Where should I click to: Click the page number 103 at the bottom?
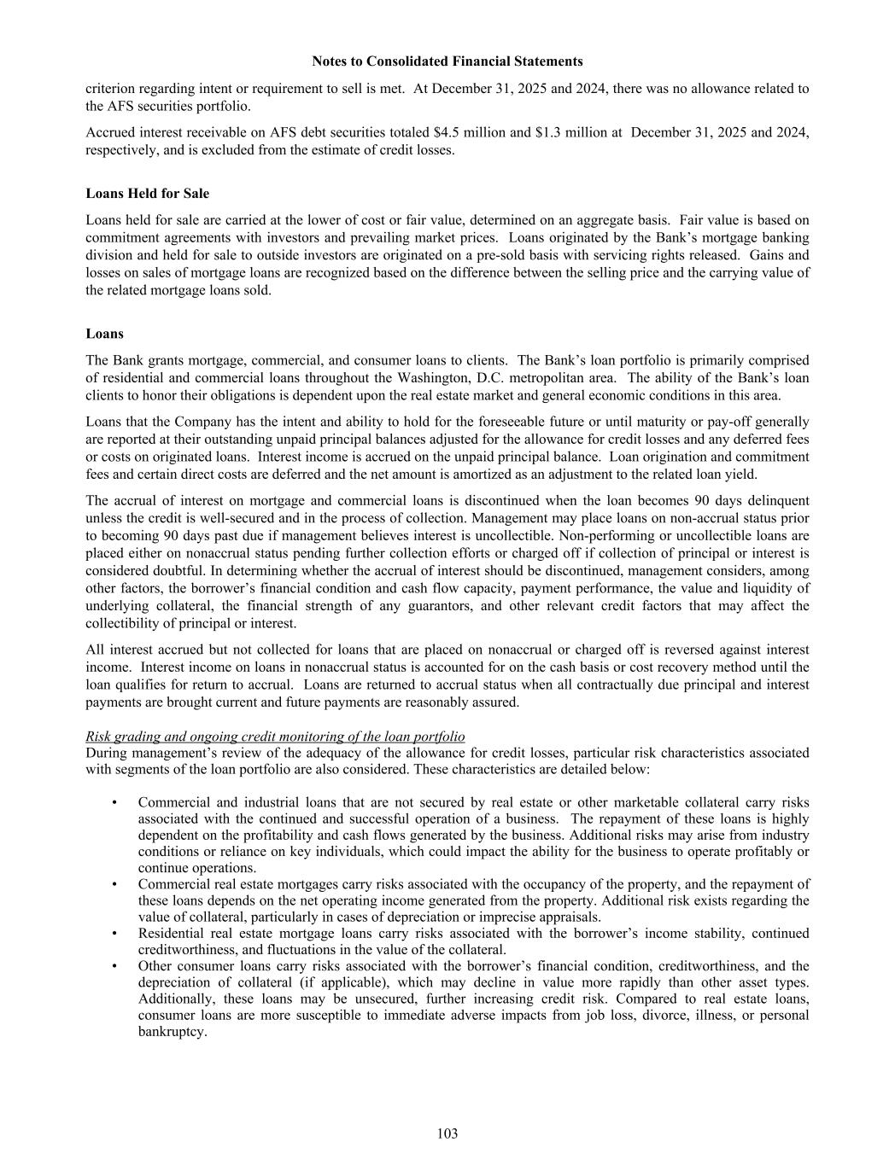pos(447,1133)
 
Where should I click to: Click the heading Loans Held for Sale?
pos(148,194)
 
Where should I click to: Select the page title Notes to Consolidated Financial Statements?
pos(447,61)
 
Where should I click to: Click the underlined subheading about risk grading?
pos(275,737)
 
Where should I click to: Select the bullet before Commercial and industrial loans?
pos(114,802)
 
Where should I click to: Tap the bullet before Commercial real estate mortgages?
pos(114,884)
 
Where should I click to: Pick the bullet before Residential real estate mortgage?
pos(114,934)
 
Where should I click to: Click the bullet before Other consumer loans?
pos(114,966)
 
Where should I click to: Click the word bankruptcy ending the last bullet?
pos(173,1032)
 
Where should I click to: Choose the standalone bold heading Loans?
pos(105,334)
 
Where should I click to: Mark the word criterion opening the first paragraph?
pos(111,89)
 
